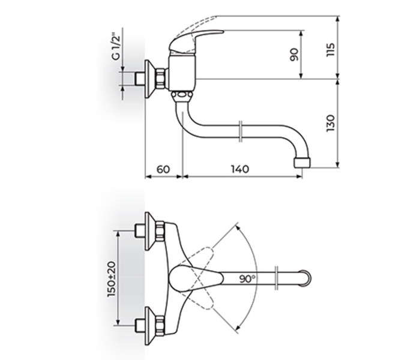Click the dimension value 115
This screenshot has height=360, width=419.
(330, 48)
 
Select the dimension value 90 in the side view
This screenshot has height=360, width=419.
(294, 55)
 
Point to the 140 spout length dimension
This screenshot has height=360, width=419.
(239, 170)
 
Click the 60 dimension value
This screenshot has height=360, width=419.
(163, 170)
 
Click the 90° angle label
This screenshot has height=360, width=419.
(247, 278)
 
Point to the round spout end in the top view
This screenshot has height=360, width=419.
(307, 278)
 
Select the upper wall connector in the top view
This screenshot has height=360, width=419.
(151, 232)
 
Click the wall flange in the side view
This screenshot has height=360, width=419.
(151, 77)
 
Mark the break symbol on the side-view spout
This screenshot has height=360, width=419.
(240, 130)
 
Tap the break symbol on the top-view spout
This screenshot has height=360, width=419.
(276, 278)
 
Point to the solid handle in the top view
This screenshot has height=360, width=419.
(192, 278)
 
